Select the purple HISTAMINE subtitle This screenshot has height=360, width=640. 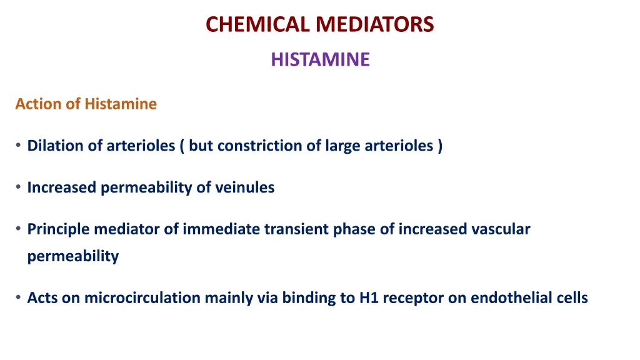tap(320, 59)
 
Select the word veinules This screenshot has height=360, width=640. tap(244, 187)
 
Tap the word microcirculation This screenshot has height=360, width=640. tap(143, 298)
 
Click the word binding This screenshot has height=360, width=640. tap(308, 298)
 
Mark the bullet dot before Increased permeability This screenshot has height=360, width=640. tap(19, 187)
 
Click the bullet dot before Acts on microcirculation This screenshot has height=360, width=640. tap(19, 298)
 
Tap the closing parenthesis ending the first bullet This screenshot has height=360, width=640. tap(440, 146)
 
